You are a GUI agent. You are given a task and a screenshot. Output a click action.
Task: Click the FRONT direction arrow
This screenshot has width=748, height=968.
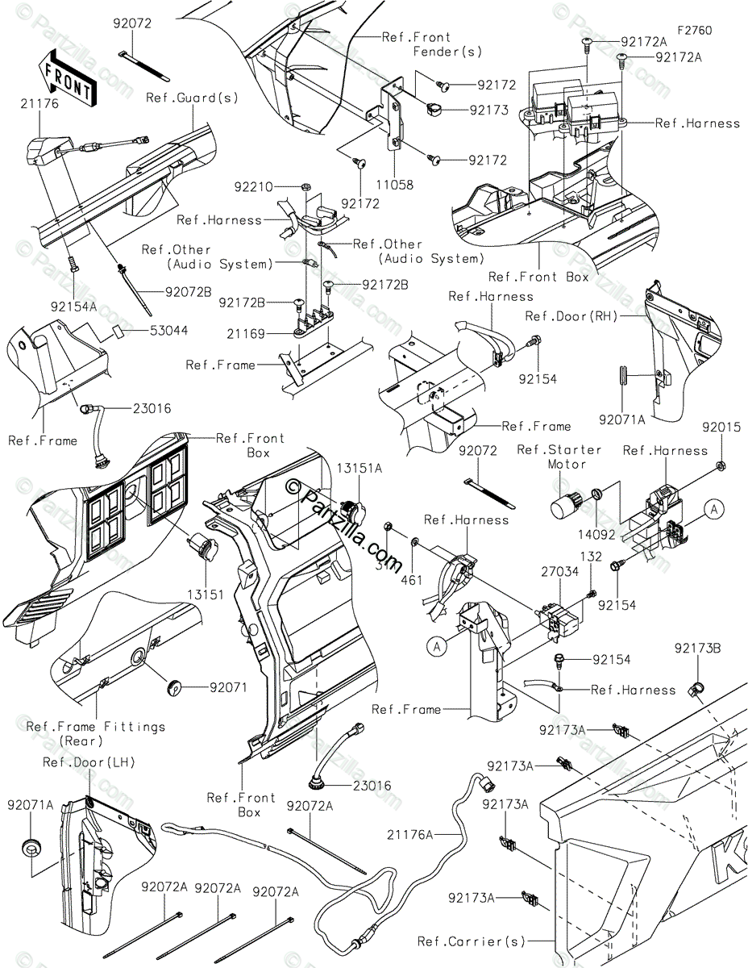(x=66, y=77)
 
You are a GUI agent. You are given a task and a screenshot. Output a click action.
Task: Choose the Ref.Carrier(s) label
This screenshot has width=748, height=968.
(x=472, y=941)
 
